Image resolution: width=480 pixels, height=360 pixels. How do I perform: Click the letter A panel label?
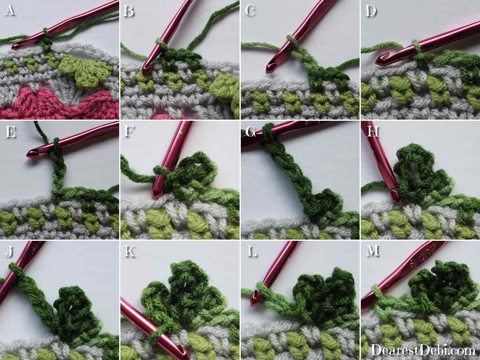(10, 10)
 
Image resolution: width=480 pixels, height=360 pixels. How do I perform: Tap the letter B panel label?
(128, 11)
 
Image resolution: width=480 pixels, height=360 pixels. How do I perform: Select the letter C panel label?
(250, 11)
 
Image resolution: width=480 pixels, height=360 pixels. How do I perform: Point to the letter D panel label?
(371, 11)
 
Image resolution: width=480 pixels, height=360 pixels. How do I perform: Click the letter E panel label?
(10, 132)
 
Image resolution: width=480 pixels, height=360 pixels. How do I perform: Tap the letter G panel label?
(251, 132)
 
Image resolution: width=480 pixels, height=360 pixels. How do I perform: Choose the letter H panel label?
(372, 132)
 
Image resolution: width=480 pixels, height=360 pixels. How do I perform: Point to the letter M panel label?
(373, 250)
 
